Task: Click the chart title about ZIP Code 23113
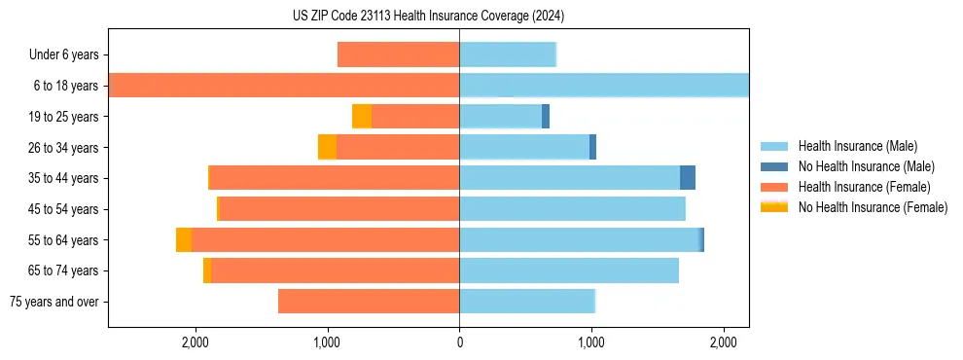point(428,17)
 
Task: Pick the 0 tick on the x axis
point(459,342)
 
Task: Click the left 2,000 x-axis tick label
point(196,342)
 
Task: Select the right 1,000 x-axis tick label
point(591,342)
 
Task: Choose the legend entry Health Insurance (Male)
point(857,146)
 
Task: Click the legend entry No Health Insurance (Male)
point(866,166)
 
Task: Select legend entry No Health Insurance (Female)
point(873,207)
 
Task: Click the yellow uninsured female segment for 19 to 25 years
point(362,117)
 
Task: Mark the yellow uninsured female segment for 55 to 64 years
point(184,240)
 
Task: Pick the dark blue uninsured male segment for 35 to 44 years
point(688,178)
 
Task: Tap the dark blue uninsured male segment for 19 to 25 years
point(546,117)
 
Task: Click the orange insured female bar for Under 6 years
point(398,55)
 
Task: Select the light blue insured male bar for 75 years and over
point(526,302)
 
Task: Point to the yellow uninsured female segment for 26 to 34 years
point(328,148)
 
